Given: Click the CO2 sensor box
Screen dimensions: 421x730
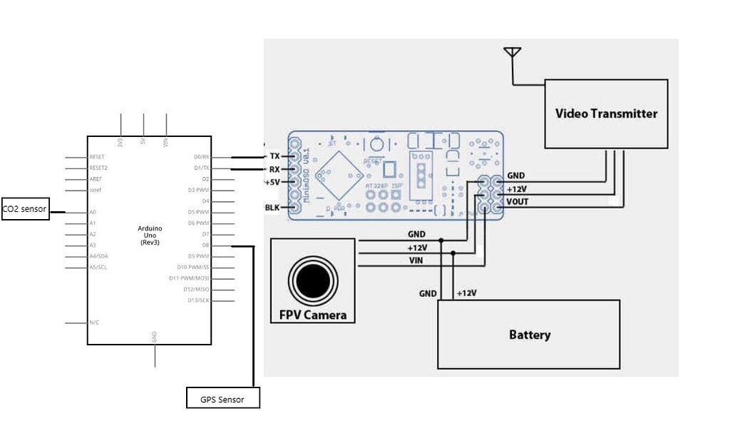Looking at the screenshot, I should [25, 209].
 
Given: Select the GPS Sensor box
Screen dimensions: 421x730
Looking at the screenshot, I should [222, 399].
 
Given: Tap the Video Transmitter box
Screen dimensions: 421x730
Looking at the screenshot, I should [606, 113].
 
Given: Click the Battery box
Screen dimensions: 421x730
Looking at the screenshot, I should [528, 335].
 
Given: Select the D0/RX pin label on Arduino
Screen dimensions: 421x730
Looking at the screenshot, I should [201, 157].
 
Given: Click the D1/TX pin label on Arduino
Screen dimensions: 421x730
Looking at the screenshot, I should [201, 168].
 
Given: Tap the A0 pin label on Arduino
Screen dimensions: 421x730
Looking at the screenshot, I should [93, 212].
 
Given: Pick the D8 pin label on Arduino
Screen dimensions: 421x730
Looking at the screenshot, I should [205, 245].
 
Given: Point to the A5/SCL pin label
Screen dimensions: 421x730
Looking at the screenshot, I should [98, 268].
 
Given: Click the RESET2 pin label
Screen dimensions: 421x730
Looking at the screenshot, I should [98, 168].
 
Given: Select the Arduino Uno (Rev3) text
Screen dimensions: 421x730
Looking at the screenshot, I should [150, 235].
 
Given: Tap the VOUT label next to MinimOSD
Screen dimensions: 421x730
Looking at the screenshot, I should [517, 201].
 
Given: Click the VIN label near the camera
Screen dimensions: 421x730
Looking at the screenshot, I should [416, 260].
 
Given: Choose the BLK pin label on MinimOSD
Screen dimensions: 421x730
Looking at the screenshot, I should [273, 208].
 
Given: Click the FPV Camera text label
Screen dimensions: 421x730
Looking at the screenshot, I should [313, 315].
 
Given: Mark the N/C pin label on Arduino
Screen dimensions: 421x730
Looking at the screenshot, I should [94, 323].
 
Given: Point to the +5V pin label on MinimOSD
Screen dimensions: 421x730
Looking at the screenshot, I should [272, 182].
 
